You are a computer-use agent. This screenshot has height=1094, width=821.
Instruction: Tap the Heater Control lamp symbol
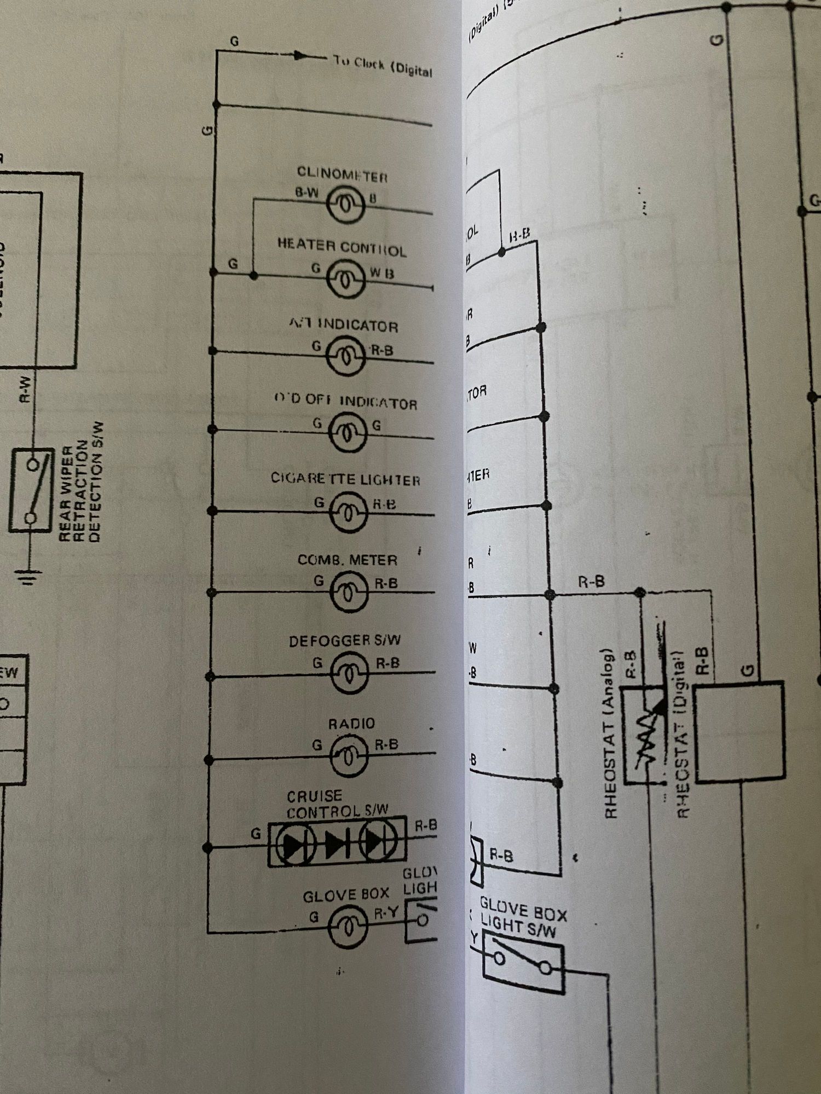tap(345, 278)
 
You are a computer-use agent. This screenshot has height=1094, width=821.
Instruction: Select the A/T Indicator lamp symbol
tap(345, 356)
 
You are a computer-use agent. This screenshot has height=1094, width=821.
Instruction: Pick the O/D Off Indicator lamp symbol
tap(347, 432)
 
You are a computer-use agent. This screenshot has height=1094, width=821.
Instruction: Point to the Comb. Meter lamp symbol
tap(349, 592)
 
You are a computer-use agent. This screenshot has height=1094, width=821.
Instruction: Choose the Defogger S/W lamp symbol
tap(349, 674)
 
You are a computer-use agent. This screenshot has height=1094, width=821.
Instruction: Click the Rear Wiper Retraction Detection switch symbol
tap(32, 490)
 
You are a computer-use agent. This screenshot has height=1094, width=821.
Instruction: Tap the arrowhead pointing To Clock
tap(300, 55)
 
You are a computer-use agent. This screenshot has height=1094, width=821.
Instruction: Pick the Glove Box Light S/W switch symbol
tap(523, 963)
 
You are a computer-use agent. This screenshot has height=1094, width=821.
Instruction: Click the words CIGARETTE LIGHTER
tap(345, 480)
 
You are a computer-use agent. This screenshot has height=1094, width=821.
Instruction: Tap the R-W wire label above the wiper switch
tap(25, 389)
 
